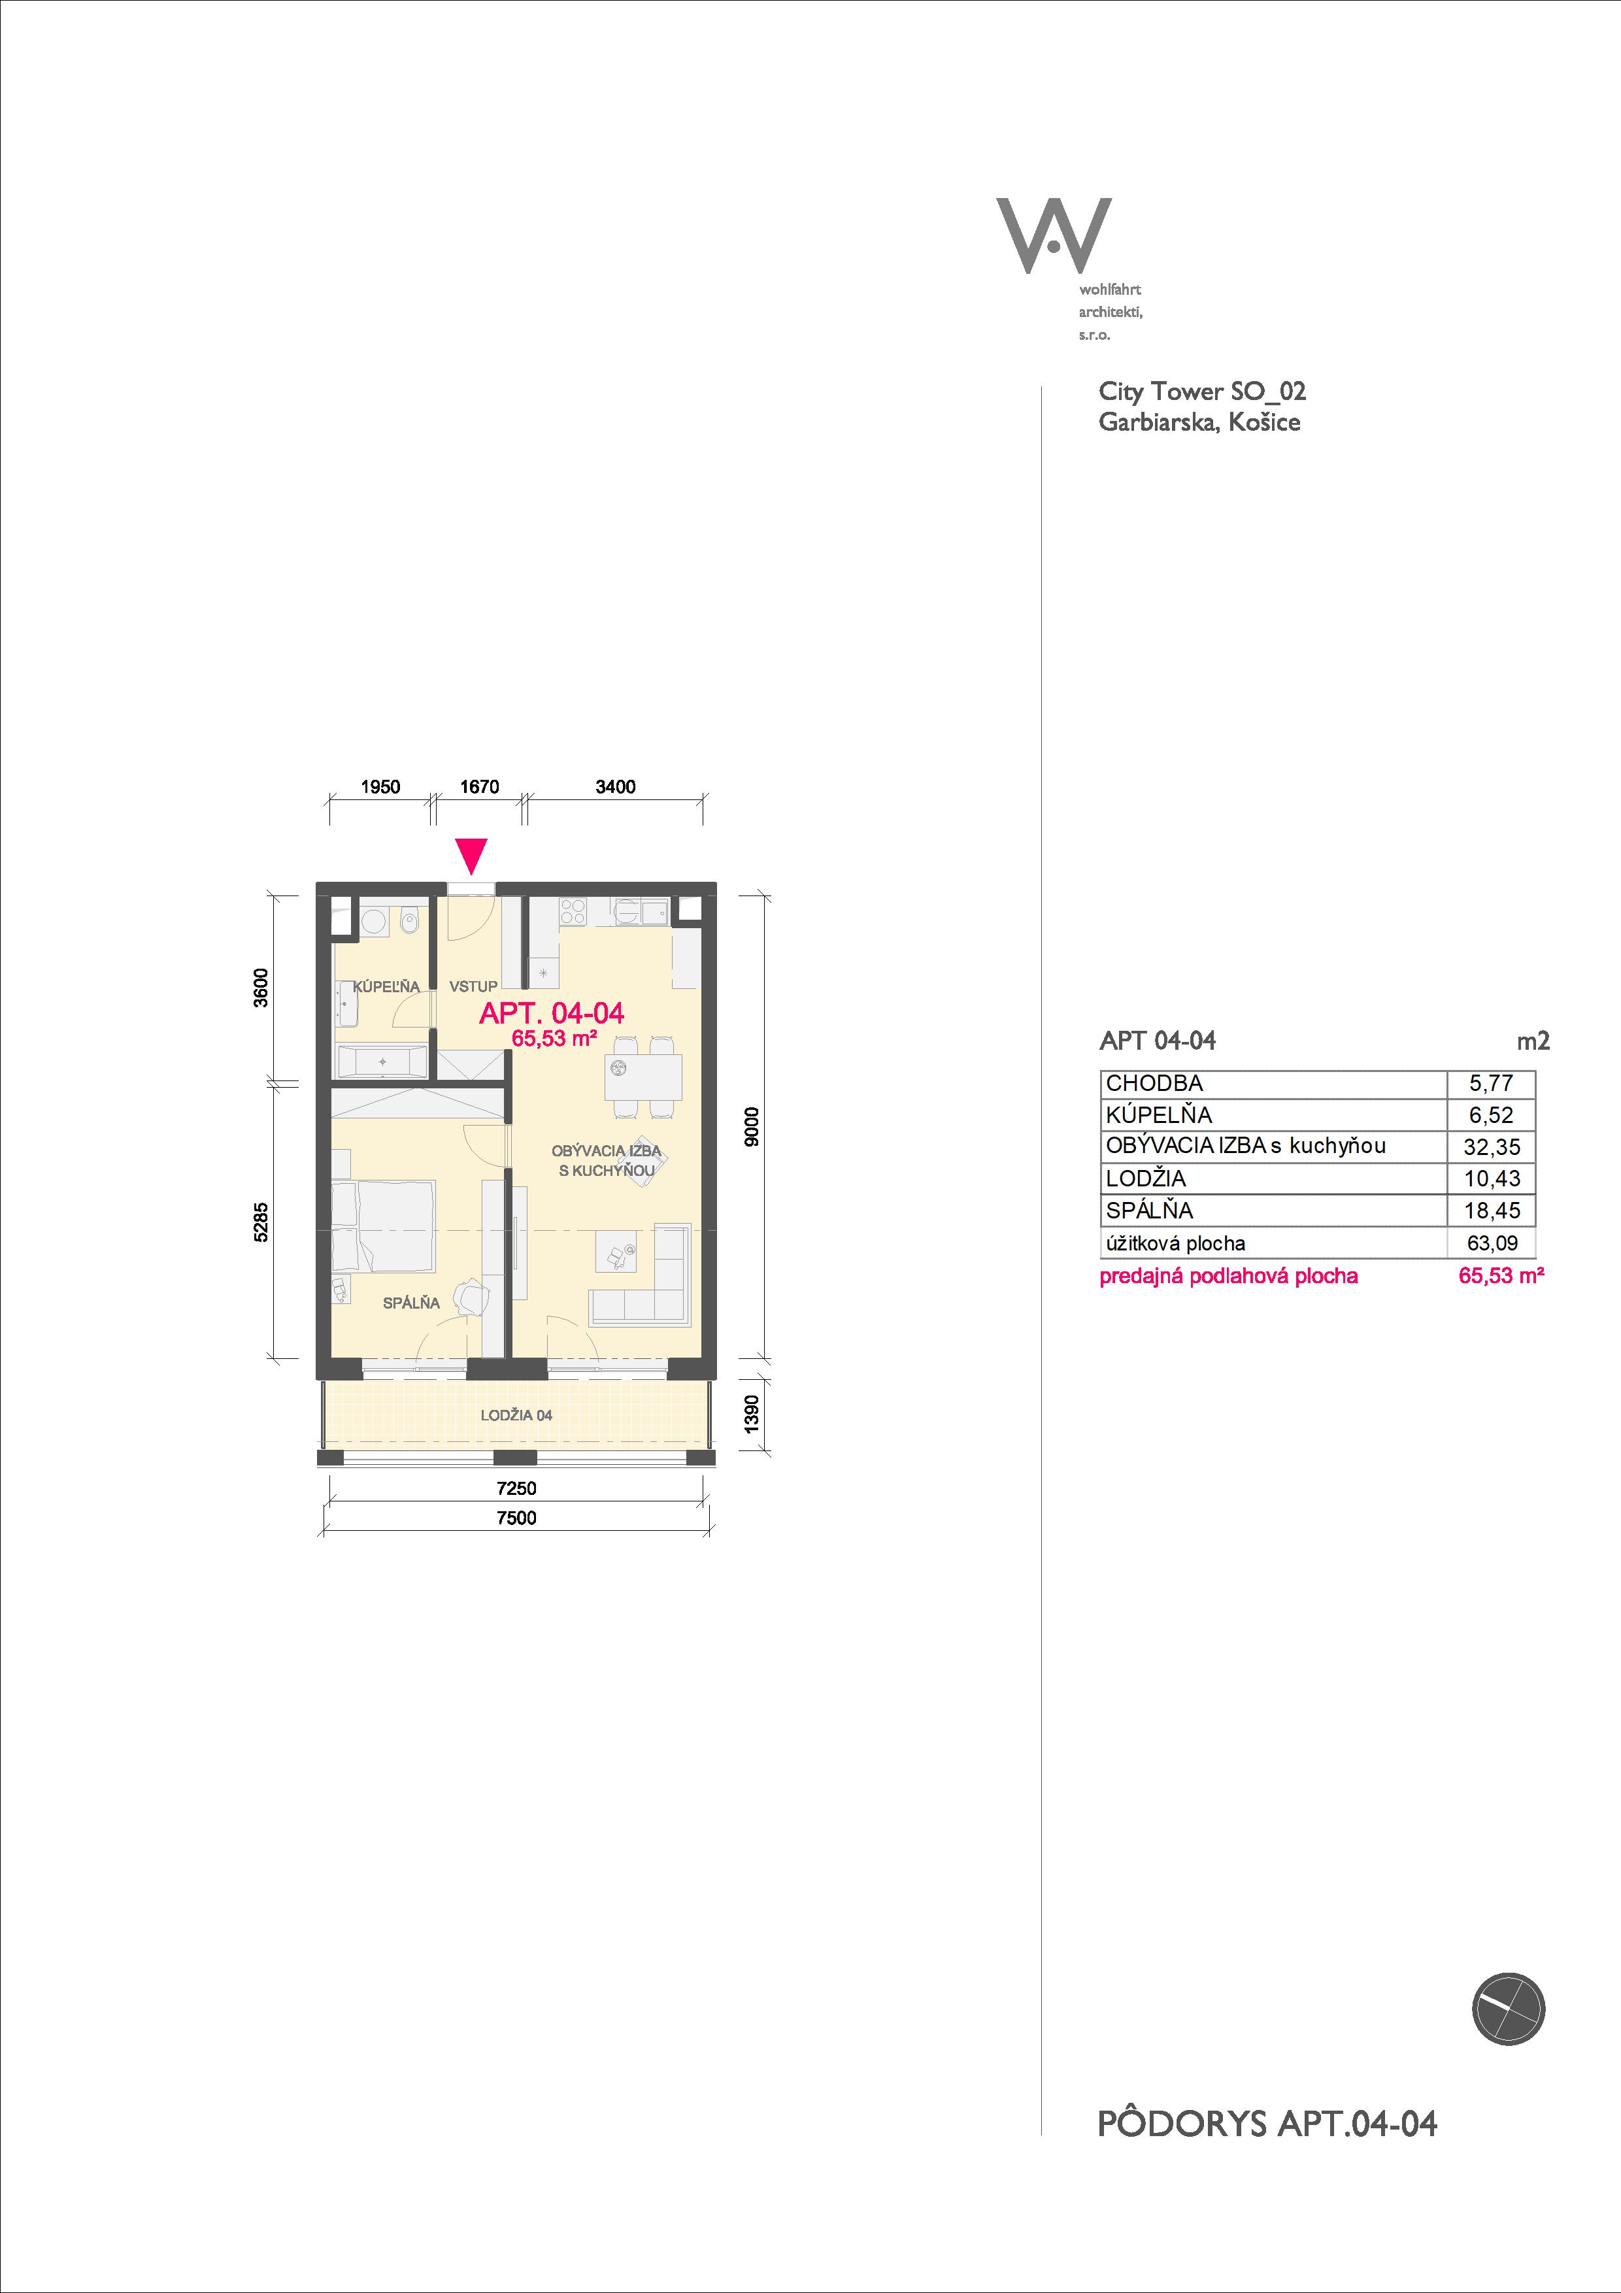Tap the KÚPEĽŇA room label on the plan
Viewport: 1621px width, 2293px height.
(386, 987)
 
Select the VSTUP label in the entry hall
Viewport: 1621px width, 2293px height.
(473, 987)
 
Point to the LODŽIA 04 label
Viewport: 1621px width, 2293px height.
(516, 1415)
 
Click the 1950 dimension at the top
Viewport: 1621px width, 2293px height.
(380, 787)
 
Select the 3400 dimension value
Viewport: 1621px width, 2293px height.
(615, 787)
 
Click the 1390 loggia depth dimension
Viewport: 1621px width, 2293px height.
(753, 1413)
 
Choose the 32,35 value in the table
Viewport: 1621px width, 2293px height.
(1491, 1148)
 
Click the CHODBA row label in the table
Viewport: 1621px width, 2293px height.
(1154, 1084)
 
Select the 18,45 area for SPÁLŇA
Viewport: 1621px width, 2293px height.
(1491, 1211)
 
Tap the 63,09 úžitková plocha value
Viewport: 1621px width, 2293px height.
(1491, 1243)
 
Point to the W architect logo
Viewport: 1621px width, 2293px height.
(1054, 236)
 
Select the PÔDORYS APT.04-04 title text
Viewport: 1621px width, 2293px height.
(1267, 2123)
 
